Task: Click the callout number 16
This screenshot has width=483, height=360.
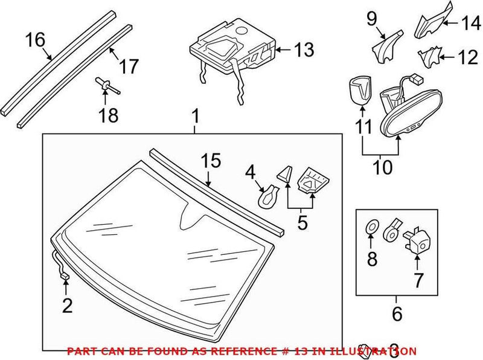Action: click(35, 40)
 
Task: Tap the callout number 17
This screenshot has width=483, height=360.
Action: click(128, 66)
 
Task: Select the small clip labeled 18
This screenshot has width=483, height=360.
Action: click(104, 86)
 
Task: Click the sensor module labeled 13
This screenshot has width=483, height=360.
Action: click(232, 48)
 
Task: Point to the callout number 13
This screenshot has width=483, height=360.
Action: click(304, 50)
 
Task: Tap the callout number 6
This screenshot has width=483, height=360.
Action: click(395, 314)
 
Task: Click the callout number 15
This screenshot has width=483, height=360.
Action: click(211, 161)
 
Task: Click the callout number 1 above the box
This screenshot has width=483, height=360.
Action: click(195, 115)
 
